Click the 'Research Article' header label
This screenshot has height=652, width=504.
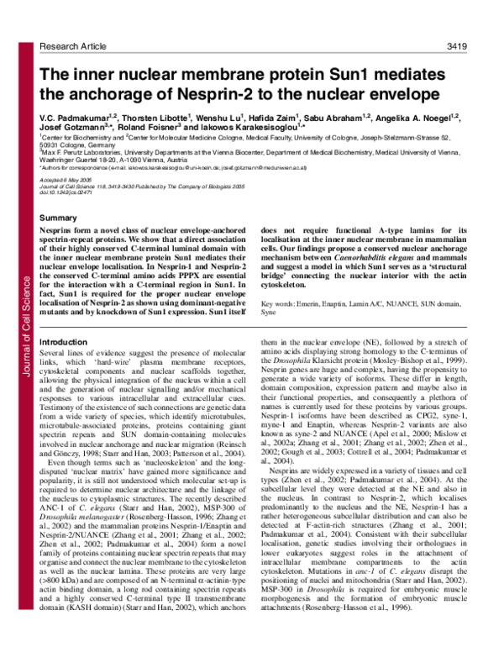click(79, 23)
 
